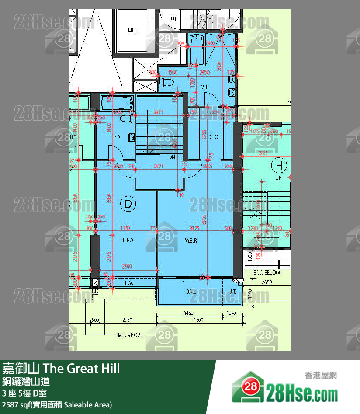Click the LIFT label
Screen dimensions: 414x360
coord(133,30)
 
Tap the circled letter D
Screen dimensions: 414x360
coord(128,203)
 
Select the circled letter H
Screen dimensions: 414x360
coord(279,166)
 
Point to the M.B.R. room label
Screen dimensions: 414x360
coord(191,240)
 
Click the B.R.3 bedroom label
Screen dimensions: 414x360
coord(128,240)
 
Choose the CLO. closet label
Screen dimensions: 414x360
coord(214,137)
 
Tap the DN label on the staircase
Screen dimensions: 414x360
coord(172,157)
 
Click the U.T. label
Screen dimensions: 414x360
coord(232,291)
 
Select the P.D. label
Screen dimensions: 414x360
coord(96,291)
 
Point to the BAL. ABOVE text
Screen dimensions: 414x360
coord(129,335)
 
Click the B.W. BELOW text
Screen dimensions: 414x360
coord(267,272)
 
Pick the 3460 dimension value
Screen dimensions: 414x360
coord(188,313)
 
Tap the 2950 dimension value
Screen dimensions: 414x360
coord(127,320)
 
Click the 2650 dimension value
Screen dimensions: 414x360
coord(267,282)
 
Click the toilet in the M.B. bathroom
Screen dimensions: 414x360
coord(166,82)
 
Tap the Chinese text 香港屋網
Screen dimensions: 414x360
coord(321,375)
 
